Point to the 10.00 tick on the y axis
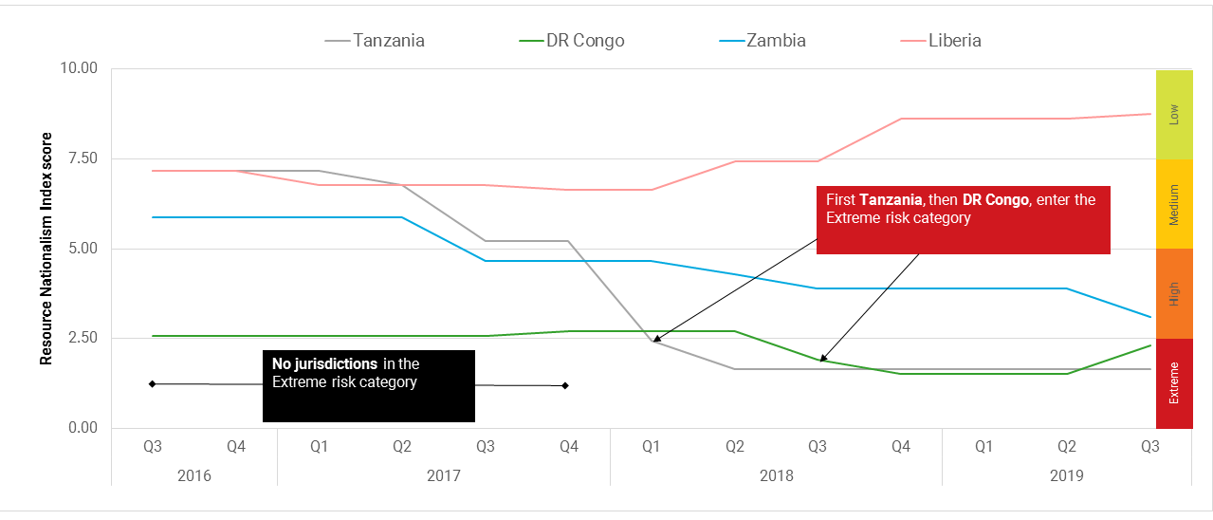(x=79, y=69)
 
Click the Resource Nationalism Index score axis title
(x=46, y=248)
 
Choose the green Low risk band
(x=1174, y=114)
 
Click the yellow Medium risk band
(x=1174, y=204)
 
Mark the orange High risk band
(x=1174, y=293)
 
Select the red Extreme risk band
(x=1174, y=383)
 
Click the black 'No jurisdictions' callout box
(x=368, y=386)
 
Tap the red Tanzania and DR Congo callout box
(x=963, y=220)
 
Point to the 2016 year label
(x=194, y=475)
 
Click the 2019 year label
(x=1067, y=475)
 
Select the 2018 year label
(x=776, y=475)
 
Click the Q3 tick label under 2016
(x=153, y=446)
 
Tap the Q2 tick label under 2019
(x=1067, y=446)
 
